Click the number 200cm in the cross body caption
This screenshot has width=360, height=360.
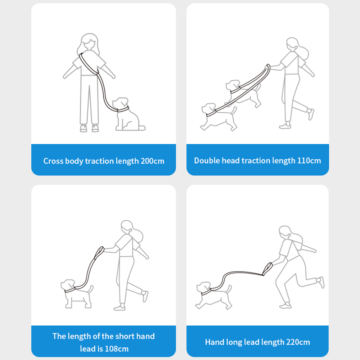coord(152,161)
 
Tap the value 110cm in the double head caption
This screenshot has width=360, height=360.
coord(309,161)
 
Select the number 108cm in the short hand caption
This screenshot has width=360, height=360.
coord(117,349)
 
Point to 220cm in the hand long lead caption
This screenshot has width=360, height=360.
coord(298,342)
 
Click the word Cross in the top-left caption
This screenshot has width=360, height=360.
coord(53,161)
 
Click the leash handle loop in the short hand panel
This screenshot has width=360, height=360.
coord(99,253)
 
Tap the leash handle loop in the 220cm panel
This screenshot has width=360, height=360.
coord(267,269)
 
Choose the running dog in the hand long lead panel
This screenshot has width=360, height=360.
coord(213,296)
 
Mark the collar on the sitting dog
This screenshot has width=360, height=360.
coord(123,109)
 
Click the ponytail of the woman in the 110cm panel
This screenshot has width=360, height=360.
coord(303,52)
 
